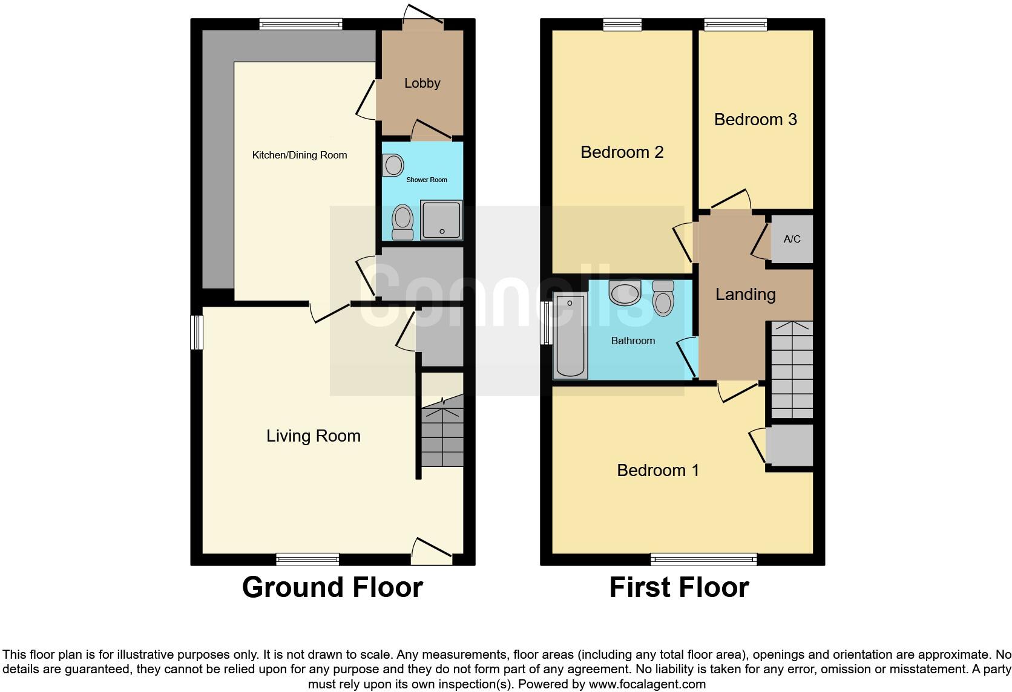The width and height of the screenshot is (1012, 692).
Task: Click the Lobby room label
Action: pyautogui.click(x=422, y=83)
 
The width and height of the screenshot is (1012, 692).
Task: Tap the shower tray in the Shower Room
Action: pyautogui.click(x=441, y=220)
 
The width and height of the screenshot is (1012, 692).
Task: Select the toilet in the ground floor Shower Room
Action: pyautogui.click(x=402, y=222)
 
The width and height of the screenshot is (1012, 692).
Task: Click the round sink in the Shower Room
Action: pyautogui.click(x=393, y=165)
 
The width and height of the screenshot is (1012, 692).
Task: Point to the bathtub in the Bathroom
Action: pyautogui.click(x=570, y=336)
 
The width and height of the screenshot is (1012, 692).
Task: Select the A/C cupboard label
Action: pyautogui.click(x=792, y=239)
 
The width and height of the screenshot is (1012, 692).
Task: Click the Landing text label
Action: pyautogui.click(x=745, y=295)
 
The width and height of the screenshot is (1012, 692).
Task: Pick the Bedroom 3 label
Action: pyautogui.click(x=755, y=120)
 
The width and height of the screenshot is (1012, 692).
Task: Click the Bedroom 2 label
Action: pyautogui.click(x=622, y=152)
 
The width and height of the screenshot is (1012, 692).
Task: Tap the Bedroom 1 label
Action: pyautogui.click(x=658, y=470)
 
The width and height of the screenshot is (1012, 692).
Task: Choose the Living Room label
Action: pyautogui.click(x=314, y=436)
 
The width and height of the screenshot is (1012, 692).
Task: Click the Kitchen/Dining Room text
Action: pyautogui.click(x=300, y=155)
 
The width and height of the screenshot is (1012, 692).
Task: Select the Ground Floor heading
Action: pyautogui.click(x=332, y=587)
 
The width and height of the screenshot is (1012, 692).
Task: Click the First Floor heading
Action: pyautogui.click(x=679, y=587)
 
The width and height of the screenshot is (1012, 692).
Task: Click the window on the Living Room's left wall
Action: pyautogui.click(x=197, y=332)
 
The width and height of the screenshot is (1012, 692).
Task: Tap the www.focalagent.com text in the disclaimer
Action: pyautogui.click(x=647, y=685)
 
